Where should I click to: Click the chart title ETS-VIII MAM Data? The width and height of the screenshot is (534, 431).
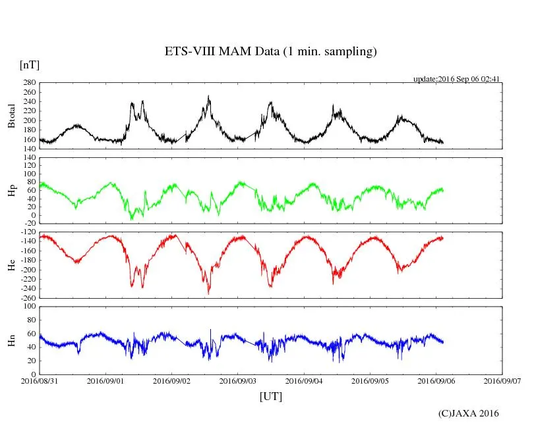(270, 52)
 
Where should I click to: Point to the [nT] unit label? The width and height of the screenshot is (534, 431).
(29, 64)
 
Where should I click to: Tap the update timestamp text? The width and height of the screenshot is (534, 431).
(456, 79)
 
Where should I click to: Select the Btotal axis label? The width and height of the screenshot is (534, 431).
(11, 116)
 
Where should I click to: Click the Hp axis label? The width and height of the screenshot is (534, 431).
(11, 191)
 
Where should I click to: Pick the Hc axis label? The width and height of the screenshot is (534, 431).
(11, 266)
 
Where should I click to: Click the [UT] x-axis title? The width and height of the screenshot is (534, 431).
(270, 396)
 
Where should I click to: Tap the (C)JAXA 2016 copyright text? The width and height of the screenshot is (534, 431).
(469, 413)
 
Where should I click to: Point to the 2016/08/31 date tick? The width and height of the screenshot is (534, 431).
(40, 380)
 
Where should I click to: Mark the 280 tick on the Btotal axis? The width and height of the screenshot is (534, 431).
(29, 83)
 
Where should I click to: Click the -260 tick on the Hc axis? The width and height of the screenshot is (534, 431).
(28, 297)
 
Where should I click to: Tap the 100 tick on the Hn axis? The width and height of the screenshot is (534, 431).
(29, 306)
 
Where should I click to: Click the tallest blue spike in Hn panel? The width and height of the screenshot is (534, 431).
(211, 330)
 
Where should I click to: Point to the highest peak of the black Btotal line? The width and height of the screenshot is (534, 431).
(209, 96)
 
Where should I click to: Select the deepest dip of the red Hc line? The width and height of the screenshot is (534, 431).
(209, 293)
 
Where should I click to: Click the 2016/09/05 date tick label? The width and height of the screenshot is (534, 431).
(369, 380)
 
